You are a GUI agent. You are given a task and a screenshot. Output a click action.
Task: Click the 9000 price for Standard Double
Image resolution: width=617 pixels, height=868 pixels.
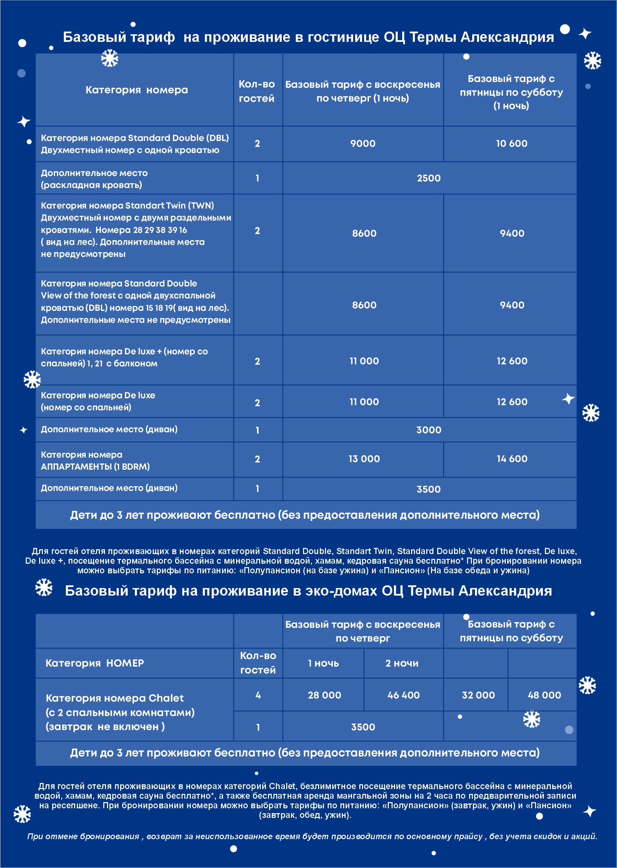363,144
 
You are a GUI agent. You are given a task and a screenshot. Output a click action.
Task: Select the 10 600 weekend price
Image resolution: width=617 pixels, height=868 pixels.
511,144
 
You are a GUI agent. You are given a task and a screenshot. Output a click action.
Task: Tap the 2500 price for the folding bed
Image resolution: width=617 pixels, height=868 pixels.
429,178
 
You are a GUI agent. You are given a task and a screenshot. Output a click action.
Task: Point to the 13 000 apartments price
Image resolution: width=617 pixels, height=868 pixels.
364,459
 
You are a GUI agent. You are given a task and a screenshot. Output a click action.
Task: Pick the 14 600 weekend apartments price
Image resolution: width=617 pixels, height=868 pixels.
512,459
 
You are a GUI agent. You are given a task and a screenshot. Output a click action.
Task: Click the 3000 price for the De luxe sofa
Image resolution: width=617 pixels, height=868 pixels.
429,430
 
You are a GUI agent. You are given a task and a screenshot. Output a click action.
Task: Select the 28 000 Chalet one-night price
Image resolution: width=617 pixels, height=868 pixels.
324,695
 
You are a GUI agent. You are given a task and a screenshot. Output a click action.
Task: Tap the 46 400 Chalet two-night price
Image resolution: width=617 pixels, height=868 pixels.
404,695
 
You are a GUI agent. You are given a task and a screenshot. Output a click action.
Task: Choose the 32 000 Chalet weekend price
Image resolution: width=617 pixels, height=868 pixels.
478,695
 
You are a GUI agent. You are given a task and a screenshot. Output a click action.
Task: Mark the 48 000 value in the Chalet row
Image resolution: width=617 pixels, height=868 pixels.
544,695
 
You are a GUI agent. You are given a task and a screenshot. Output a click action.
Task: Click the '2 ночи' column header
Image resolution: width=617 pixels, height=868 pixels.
401,663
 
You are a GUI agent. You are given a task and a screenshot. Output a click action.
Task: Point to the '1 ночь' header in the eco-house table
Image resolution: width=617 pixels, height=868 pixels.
323,663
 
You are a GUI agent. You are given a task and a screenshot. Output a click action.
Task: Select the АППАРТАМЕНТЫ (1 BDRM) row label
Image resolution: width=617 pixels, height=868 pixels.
95,467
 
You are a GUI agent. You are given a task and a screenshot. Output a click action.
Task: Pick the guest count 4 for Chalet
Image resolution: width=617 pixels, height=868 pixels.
258,695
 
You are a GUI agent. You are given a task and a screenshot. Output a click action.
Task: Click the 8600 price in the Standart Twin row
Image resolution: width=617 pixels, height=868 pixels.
364,233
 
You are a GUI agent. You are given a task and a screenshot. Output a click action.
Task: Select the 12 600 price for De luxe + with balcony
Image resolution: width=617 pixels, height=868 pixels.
512,361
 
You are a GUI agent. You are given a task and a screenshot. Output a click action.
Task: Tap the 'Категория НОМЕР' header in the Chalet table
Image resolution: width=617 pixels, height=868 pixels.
95,663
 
